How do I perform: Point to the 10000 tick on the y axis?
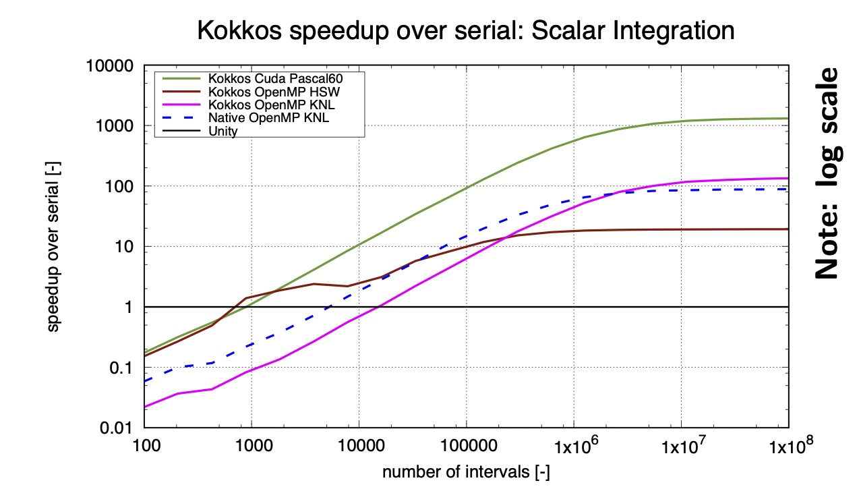(x=115, y=66)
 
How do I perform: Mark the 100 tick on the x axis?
(x=144, y=447)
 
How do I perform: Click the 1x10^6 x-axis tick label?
(x=573, y=447)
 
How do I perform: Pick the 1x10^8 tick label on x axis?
(x=788, y=447)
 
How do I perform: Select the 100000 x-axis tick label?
(x=466, y=447)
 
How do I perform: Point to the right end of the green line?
(x=788, y=119)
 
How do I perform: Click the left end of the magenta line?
(x=145, y=407)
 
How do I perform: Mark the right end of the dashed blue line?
(x=788, y=189)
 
